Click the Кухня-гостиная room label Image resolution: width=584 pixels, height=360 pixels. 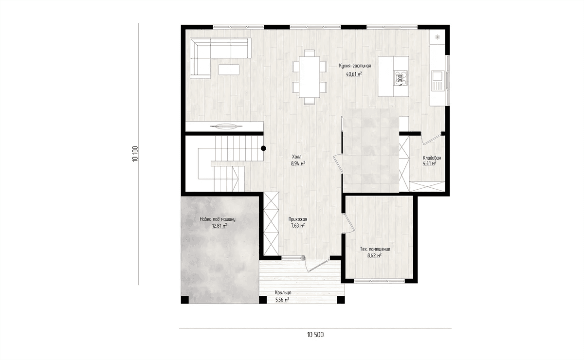[355, 66]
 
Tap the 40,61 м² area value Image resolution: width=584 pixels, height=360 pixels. [354, 74]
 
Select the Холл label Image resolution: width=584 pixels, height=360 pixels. [297, 157]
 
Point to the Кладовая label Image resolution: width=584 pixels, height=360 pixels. [432, 158]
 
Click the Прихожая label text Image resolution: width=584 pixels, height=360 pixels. [298, 219]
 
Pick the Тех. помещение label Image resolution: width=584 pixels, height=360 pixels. [375, 249]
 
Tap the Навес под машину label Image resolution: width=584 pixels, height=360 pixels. [218, 219]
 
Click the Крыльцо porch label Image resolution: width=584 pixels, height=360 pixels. [283, 292]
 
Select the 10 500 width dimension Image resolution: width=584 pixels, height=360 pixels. [315, 335]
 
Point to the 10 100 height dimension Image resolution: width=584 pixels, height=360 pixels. [135, 154]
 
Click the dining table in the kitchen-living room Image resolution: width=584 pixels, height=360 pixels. [310, 77]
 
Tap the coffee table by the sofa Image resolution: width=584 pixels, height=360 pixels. [229, 70]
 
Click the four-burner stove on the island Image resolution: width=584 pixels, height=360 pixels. [401, 78]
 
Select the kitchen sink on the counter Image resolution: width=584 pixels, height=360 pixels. [437, 81]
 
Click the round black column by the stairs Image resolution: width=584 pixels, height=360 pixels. [264, 148]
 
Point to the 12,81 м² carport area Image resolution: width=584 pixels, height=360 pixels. [219, 226]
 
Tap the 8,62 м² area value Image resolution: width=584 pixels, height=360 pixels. [374, 255]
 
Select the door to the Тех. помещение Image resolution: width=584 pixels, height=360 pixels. [349, 223]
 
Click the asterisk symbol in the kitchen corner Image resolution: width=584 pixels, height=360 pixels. [438, 37]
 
